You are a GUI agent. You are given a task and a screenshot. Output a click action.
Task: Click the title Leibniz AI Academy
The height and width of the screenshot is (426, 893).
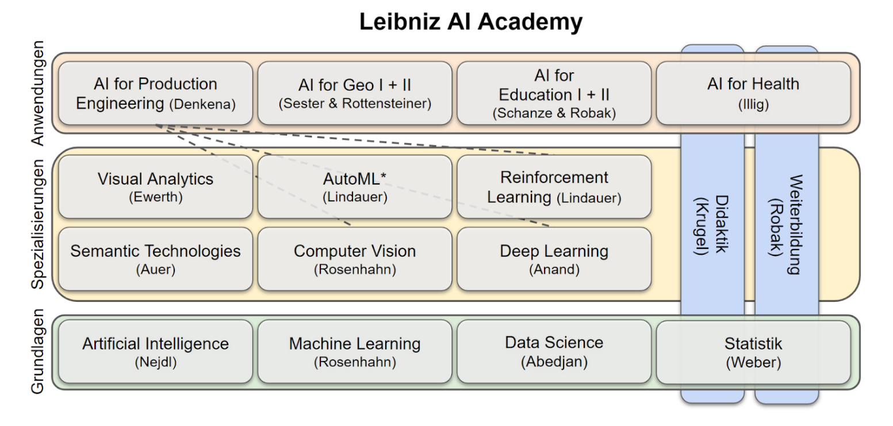[470, 22]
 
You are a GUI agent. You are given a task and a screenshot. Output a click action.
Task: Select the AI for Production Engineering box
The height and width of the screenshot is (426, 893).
[155, 93]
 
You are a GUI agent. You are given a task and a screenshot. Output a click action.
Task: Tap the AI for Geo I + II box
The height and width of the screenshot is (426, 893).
[354, 93]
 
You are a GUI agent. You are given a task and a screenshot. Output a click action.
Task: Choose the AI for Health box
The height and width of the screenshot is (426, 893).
[753, 93]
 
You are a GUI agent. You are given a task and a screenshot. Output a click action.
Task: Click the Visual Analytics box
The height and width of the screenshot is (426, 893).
[155, 187]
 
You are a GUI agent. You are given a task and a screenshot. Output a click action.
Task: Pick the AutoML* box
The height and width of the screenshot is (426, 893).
[354, 187]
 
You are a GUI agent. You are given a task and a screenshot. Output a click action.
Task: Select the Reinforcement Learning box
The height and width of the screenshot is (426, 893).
[554, 187]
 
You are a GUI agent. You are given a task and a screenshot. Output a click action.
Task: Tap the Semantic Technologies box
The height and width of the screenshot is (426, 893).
[155, 259]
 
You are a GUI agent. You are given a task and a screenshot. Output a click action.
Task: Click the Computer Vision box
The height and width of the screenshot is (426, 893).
[354, 259]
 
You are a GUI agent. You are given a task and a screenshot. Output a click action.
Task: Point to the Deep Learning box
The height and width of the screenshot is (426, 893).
[554, 259]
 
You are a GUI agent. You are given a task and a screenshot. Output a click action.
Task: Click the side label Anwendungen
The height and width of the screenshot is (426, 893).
[38, 93]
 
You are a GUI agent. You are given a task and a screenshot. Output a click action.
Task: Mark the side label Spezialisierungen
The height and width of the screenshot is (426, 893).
[38, 224]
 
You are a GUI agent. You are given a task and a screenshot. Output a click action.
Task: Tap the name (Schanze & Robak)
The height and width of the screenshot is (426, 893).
[554, 113]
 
